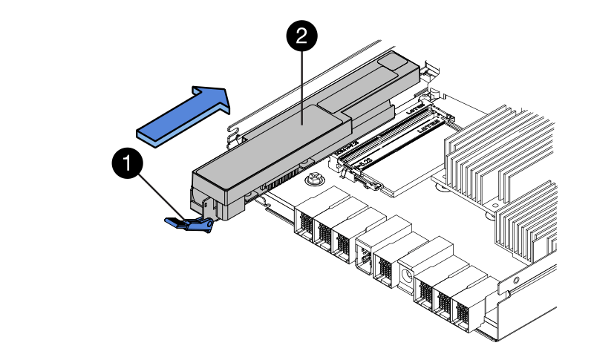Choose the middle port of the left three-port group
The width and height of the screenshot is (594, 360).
pos(324,234)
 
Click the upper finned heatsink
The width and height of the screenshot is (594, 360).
pos(494,156)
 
